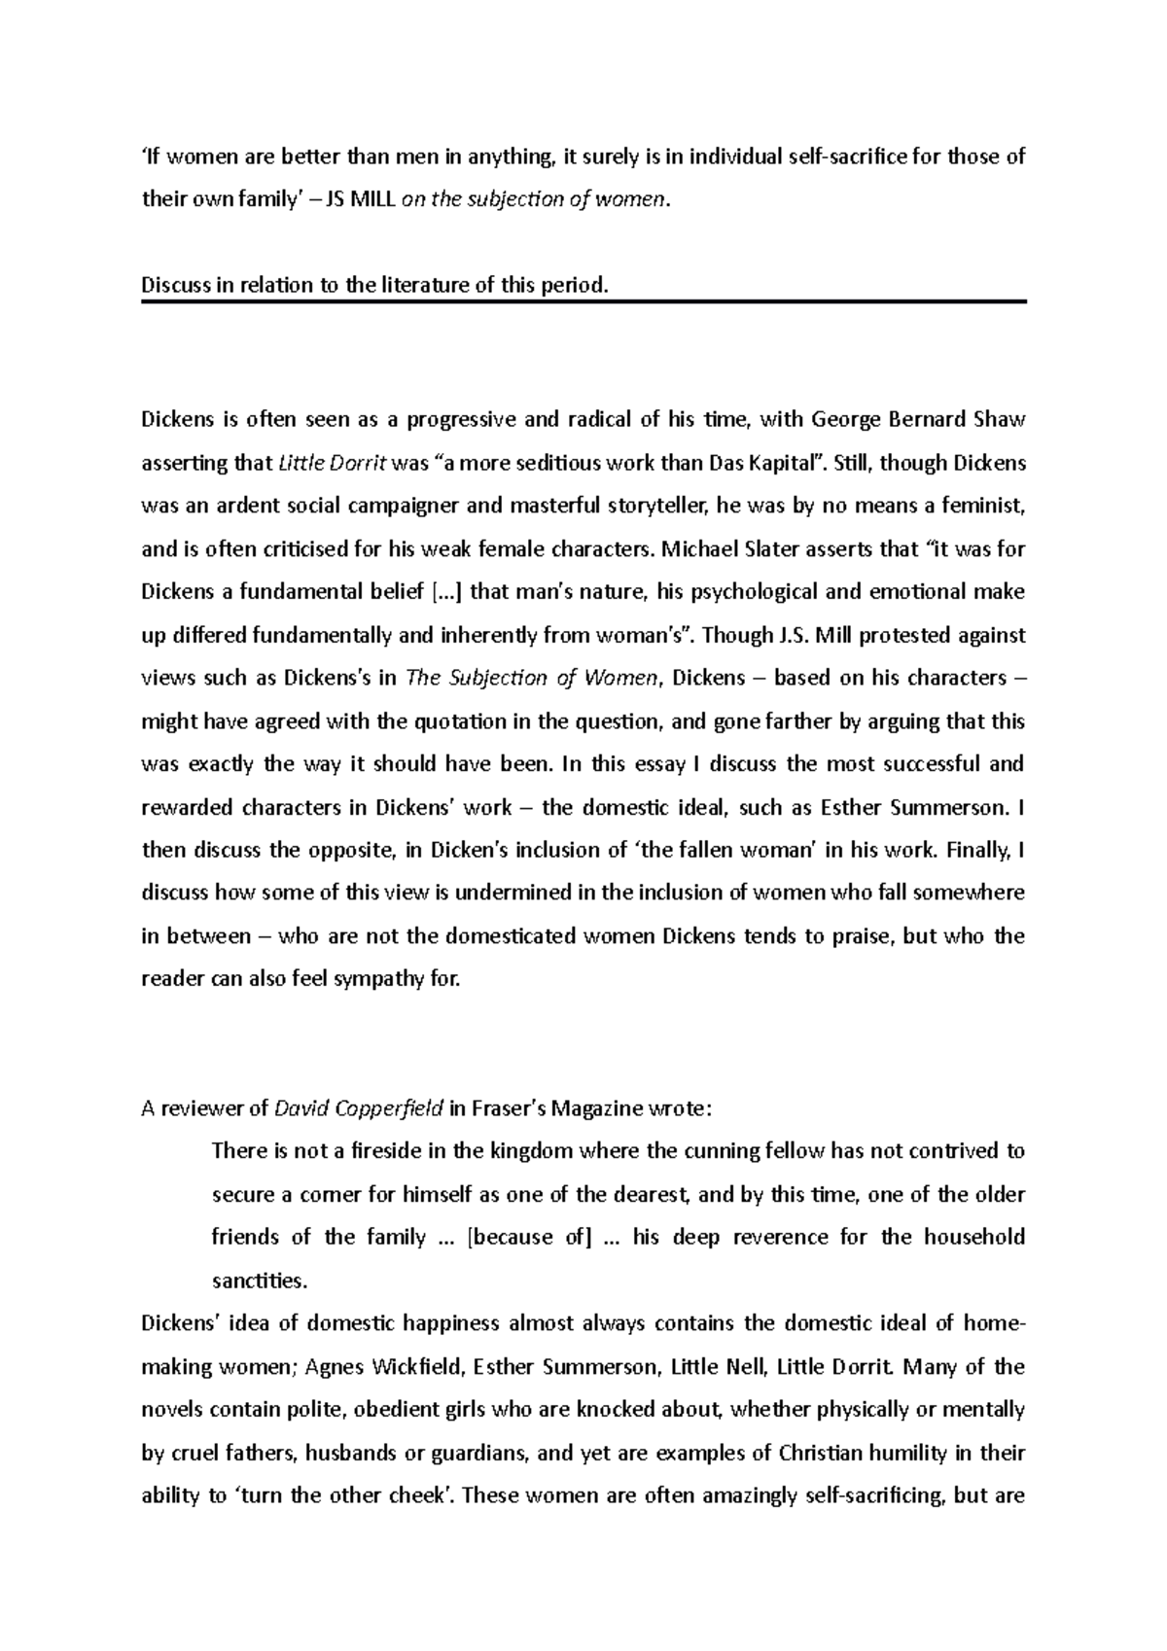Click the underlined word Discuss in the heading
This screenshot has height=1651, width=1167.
172,286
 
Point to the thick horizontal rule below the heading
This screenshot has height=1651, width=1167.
583,302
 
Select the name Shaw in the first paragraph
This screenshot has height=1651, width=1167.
998,420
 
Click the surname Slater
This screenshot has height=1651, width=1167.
771,549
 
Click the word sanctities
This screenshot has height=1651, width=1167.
259,1281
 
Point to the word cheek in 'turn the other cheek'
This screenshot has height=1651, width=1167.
417,1496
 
